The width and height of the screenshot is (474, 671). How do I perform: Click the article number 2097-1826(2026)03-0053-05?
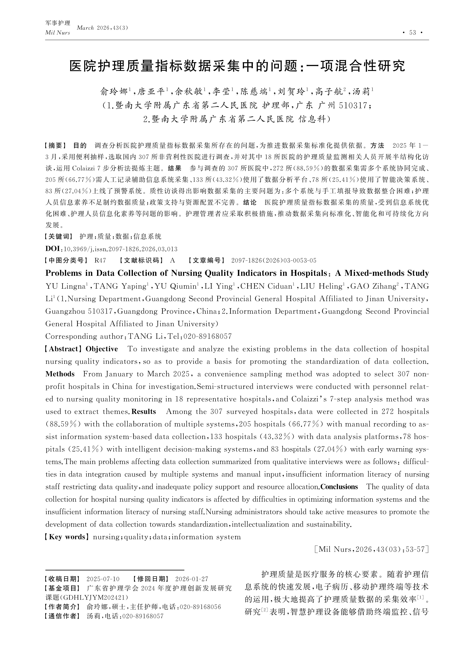pyautogui.click(x=274, y=260)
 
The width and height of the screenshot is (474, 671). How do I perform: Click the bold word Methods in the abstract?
pyautogui.click(x=60, y=374)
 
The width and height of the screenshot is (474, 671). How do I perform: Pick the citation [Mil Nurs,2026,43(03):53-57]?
pyautogui.click(x=370, y=549)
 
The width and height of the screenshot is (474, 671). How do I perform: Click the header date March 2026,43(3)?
pyautogui.click(x=102, y=28)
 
